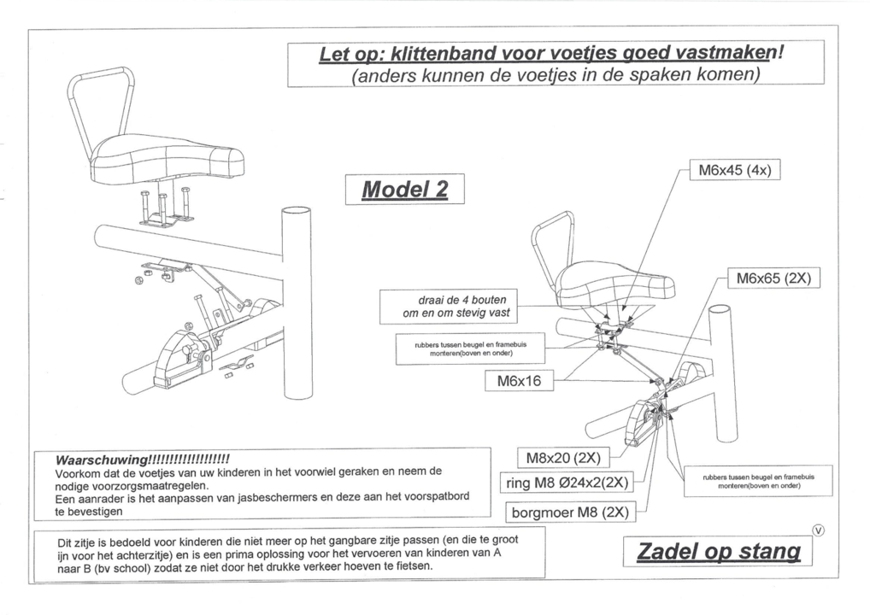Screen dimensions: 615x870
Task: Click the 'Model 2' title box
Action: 404,189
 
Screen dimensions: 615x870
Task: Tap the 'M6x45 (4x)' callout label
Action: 734,170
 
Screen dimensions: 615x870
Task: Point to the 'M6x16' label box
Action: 520,381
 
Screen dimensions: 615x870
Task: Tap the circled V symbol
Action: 820,531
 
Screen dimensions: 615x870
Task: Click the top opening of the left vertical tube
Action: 297,212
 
